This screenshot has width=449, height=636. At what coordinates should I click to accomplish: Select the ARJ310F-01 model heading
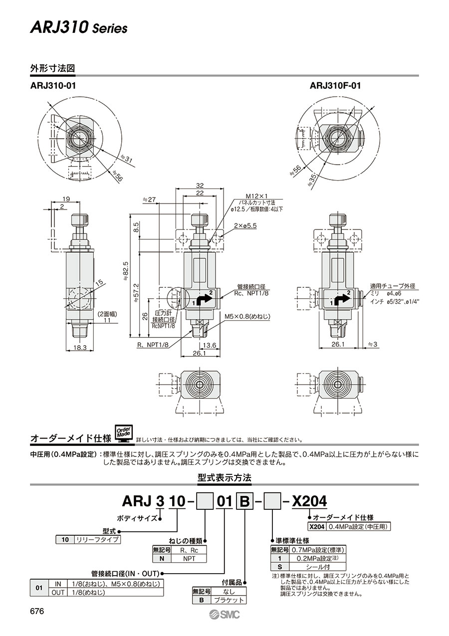click(x=335, y=86)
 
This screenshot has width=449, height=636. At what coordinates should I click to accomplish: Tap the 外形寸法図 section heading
click(x=52, y=68)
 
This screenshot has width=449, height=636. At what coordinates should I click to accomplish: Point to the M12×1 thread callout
click(x=256, y=196)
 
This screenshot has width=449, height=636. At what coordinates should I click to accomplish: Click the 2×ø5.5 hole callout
click(x=245, y=225)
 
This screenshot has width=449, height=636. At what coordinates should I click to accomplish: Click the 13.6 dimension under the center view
click(x=210, y=344)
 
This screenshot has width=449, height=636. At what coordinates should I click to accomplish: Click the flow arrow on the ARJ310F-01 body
click(x=340, y=299)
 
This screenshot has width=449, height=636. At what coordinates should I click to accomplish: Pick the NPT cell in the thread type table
click(x=189, y=558)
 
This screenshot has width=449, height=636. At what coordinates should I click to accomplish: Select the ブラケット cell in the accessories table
click(x=228, y=600)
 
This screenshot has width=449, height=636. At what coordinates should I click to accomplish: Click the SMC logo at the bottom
click(x=224, y=615)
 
